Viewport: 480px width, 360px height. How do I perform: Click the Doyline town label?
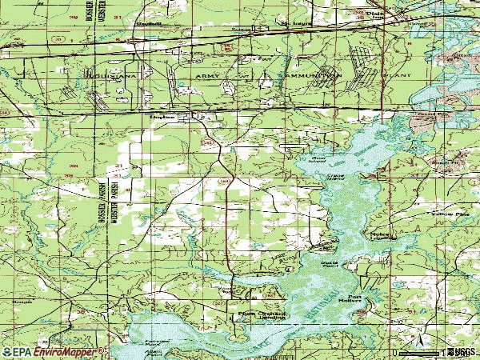pyautogui.click(x=162, y=117)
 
